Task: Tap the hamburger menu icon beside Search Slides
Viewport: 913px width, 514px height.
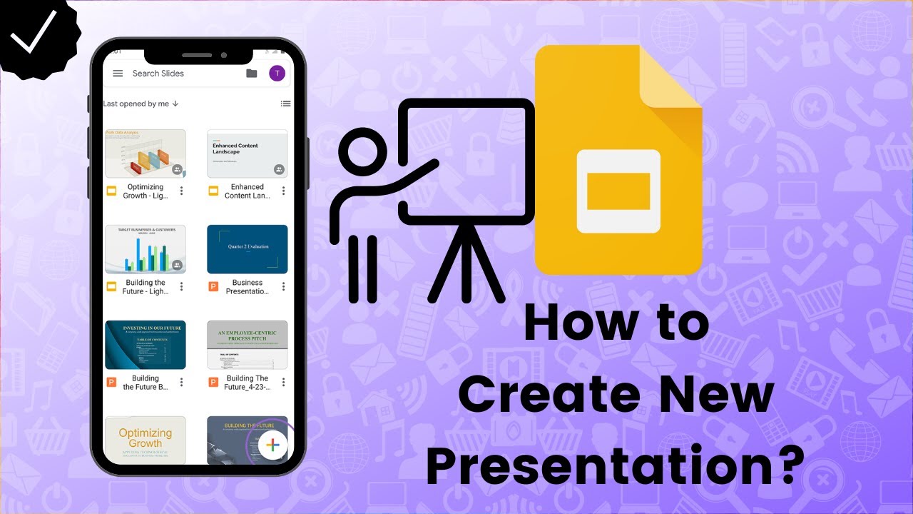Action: click(x=118, y=74)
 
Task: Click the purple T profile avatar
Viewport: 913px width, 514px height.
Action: click(x=277, y=74)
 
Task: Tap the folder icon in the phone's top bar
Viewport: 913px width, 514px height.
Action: click(x=251, y=74)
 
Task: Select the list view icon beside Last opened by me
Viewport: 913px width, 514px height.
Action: click(x=285, y=104)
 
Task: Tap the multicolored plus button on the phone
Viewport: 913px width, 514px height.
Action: click(x=271, y=446)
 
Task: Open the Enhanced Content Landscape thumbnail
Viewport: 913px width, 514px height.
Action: click(x=247, y=153)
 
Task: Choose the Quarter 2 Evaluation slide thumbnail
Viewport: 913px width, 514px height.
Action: click(x=247, y=249)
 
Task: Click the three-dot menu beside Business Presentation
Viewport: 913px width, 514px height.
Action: click(x=283, y=287)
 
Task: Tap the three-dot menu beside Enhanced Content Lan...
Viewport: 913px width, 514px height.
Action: click(x=283, y=191)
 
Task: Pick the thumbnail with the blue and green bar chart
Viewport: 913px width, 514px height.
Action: click(x=146, y=249)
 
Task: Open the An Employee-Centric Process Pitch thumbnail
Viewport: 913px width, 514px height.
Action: click(x=247, y=345)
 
